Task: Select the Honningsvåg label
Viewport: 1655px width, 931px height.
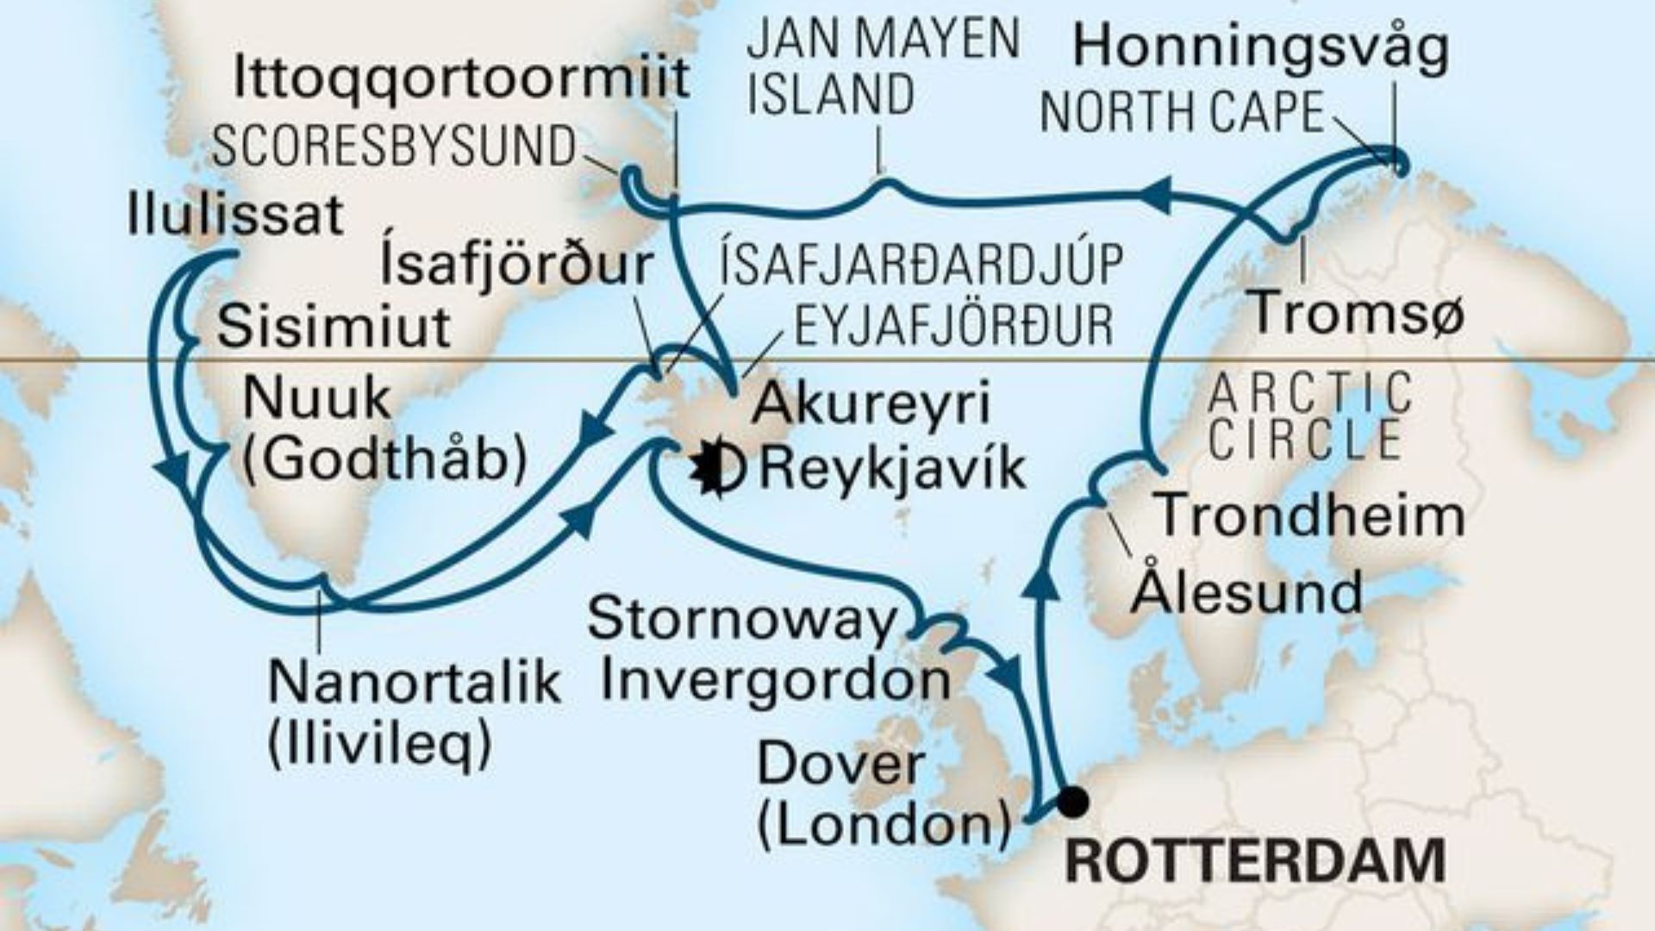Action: point(1260,47)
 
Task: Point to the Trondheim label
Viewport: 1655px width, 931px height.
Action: point(1308,515)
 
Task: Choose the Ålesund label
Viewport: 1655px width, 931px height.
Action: point(1246,592)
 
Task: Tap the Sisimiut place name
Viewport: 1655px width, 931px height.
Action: point(334,327)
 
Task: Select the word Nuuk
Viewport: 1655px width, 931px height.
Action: point(317,400)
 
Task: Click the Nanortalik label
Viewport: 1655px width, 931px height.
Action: point(415,684)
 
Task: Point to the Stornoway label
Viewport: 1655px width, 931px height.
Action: point(741,620)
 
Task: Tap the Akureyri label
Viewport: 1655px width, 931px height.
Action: point(871,403)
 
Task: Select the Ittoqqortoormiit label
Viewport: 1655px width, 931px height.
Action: point(462,78)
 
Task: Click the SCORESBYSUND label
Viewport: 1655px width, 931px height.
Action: point(394,147)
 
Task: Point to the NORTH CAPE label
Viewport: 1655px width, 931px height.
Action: point(1182,112)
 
